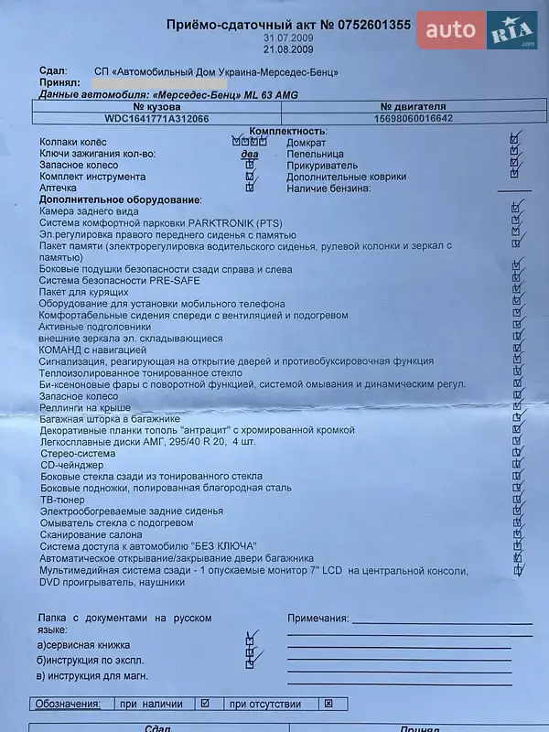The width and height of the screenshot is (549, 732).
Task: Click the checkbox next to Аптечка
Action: [x=249, y=188]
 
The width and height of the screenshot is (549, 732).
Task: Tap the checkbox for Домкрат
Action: [x=516, y=142]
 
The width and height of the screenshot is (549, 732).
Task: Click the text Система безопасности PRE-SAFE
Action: [x=120, y=280]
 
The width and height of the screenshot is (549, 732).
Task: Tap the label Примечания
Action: [x=318, y=619]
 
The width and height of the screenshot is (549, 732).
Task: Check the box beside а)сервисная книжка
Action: [x=249, y=643]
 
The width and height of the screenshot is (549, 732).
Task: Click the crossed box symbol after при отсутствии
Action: [x=328, y=704]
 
